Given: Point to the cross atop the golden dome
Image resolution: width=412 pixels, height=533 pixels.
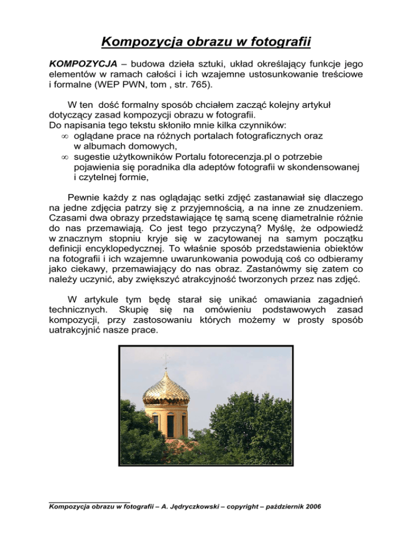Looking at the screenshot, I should point(165,359).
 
